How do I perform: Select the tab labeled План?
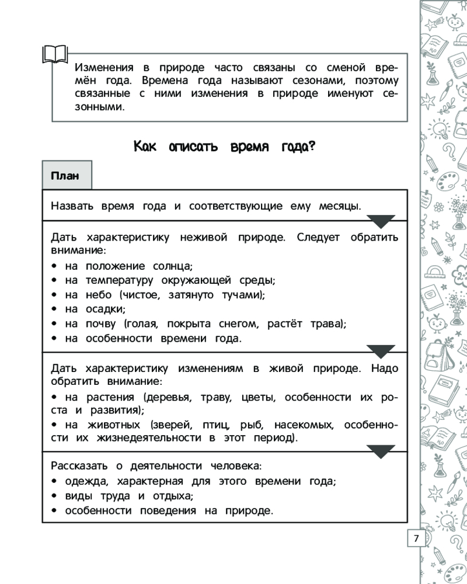click(65, 176)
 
